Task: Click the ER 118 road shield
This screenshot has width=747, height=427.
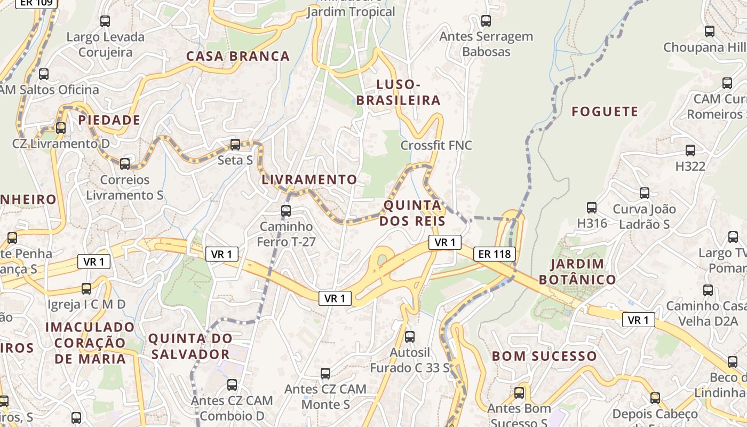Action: click(x=495, y=254)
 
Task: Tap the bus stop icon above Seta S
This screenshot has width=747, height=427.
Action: click(x=235, y=144)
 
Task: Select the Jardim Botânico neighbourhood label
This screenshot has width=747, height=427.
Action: click(x=577, y=271)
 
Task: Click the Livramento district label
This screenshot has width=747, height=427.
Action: click(x=309, y=180)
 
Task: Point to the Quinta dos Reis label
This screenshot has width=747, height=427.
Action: click(x=412, y=213)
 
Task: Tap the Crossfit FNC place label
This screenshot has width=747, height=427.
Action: click(x=436, y=145)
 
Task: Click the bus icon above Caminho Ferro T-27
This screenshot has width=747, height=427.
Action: click(x=286, y=210)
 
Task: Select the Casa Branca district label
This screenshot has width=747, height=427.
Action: click(x=237, y=56)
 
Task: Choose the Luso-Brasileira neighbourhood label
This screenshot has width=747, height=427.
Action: click(x=398, y=92)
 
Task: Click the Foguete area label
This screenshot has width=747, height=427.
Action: click(x=605, y=112)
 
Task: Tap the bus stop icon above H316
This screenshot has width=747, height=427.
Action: click(x=591, y=207)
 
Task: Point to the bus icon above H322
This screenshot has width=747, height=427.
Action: click(x=690, y=151)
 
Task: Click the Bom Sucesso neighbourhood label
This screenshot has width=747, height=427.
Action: click(x=544, y=356)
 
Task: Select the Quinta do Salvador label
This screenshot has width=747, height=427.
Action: click(x=190, y=346)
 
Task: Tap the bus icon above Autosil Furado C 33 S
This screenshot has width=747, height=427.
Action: click(x=409, y=337)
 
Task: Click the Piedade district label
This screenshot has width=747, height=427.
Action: click(x=109, y=120)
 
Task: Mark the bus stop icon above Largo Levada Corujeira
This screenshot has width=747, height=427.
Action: click(x=105, y=21)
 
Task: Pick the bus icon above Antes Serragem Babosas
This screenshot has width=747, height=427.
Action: click(x=486, y=21)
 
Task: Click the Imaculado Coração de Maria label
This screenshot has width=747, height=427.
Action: click(x=90, y=342)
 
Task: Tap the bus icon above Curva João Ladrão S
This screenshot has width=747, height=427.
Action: click(x=644, y=193)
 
